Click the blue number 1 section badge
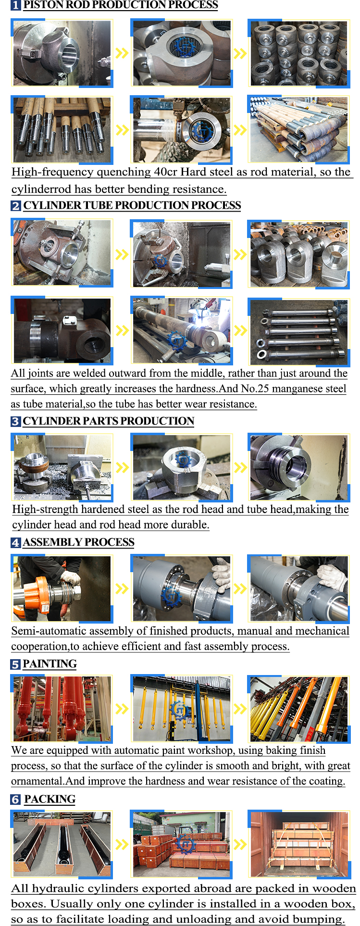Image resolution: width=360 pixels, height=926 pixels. [16, 5]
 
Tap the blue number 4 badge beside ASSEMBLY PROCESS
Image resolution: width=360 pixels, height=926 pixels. [16, 543]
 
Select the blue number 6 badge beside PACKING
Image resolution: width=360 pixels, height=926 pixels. [16, 800]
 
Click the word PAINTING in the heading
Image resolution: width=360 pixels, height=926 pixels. [50, 664]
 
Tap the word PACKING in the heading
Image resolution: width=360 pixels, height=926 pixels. [50, 799]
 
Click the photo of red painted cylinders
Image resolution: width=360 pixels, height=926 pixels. [62, 709]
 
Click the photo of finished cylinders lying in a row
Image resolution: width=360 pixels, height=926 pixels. [298, 332]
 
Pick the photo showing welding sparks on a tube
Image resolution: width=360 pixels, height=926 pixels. [181, 331]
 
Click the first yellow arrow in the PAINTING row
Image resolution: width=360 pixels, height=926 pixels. [122, 709]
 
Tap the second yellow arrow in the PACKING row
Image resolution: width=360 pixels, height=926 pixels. [240, 844]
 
